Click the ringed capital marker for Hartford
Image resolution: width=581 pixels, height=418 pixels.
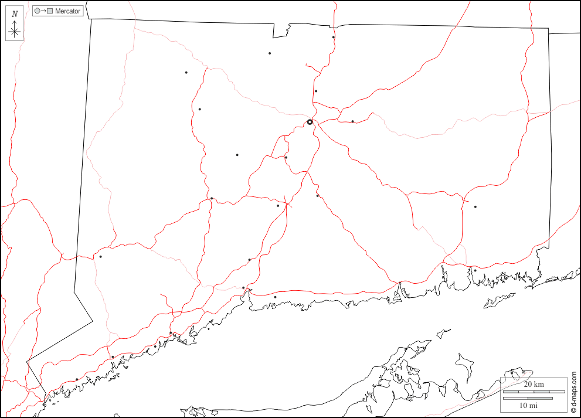click(310, 122)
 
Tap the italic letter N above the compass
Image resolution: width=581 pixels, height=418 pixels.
click(15, 14)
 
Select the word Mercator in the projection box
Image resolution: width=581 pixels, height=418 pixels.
click(67, 11)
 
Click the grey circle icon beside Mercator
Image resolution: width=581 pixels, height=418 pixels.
click(37, 11)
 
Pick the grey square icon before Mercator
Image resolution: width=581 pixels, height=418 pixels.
click(50, 11)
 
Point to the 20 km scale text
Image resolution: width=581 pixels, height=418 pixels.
click(534, 384)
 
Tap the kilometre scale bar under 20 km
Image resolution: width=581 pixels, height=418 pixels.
click(528, 391)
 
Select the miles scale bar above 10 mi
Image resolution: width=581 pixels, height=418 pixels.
click(528, 398)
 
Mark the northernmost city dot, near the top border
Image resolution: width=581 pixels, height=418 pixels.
click(333, 38)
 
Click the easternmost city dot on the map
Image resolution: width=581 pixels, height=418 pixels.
click(475, 206)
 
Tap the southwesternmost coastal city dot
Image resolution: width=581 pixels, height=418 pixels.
click(76, 379)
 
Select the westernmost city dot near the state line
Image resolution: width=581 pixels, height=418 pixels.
click(100, 256)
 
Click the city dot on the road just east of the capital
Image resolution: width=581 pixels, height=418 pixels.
click(352, 121)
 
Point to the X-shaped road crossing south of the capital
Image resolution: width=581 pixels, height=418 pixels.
click(287, 204)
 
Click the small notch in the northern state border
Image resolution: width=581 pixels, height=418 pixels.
click(288, 29)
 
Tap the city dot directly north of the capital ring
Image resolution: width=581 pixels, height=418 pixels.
click(315, 91)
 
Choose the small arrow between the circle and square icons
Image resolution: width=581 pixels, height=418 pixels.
click(43, 11)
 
